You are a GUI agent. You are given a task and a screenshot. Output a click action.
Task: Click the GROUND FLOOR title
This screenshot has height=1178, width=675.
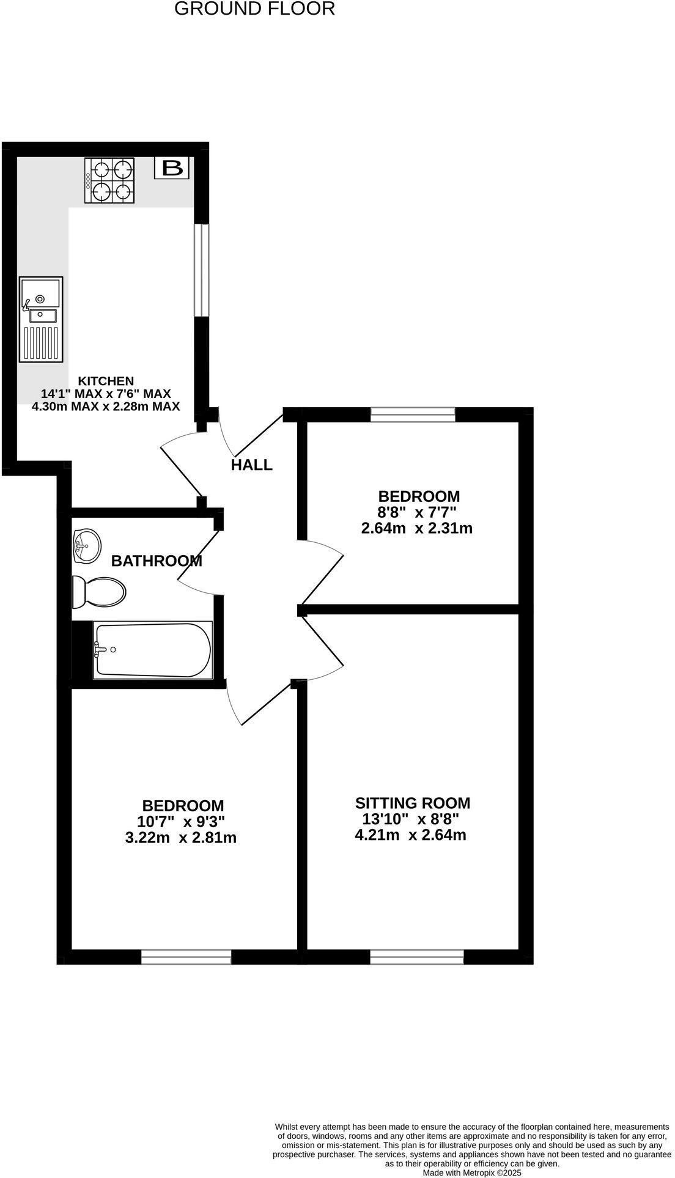(254, 9)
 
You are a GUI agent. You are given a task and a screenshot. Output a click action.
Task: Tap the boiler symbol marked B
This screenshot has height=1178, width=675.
(172, 167)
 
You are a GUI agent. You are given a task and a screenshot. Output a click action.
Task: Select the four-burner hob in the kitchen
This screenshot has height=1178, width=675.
(109, 180)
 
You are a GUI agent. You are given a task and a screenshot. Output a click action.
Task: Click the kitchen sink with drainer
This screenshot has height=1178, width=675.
(41, 318)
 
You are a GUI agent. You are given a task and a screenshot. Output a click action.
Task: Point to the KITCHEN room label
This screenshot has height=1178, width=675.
(105, 380)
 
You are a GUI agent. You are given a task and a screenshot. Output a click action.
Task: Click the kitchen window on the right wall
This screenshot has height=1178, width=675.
(202, 270)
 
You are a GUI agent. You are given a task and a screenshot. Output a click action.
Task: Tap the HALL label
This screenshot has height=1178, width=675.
(251, 465)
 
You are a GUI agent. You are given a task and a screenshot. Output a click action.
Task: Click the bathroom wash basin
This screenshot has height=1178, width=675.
(86, 545)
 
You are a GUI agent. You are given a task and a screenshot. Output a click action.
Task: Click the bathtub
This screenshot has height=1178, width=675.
(152, 650)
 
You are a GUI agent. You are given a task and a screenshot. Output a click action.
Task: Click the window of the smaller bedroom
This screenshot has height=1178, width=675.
(413, 415)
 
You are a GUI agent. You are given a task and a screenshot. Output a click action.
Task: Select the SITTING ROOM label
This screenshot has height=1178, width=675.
(413, 803)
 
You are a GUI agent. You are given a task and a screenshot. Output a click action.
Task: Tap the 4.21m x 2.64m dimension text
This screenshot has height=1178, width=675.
(410, 834)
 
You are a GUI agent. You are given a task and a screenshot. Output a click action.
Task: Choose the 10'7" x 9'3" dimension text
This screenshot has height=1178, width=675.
(183, 822)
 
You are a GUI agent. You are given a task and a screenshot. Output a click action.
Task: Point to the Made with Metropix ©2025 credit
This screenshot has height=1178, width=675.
(472, 1173)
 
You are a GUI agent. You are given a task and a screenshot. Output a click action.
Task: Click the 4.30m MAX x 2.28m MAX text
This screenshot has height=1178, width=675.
(106, 407)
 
